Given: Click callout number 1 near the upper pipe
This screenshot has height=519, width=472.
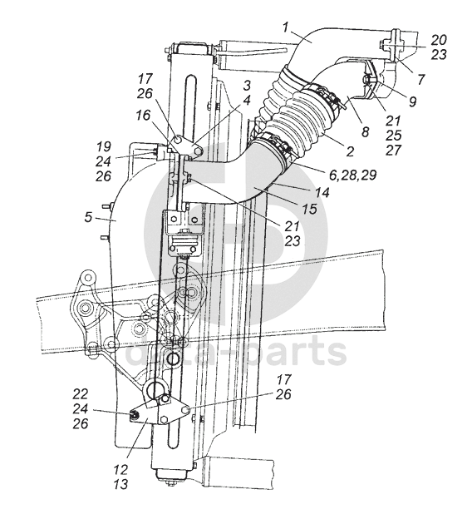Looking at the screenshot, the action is point(286,27).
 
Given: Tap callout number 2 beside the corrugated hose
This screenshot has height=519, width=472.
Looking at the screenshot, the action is point(350,151).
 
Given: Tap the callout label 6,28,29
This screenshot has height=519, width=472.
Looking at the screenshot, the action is point(353,175).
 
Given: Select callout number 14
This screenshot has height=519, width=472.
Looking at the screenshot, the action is point(322,192).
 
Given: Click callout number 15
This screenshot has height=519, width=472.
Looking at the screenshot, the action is point(309,208).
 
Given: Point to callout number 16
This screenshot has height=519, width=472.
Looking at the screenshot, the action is point(143,115).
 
